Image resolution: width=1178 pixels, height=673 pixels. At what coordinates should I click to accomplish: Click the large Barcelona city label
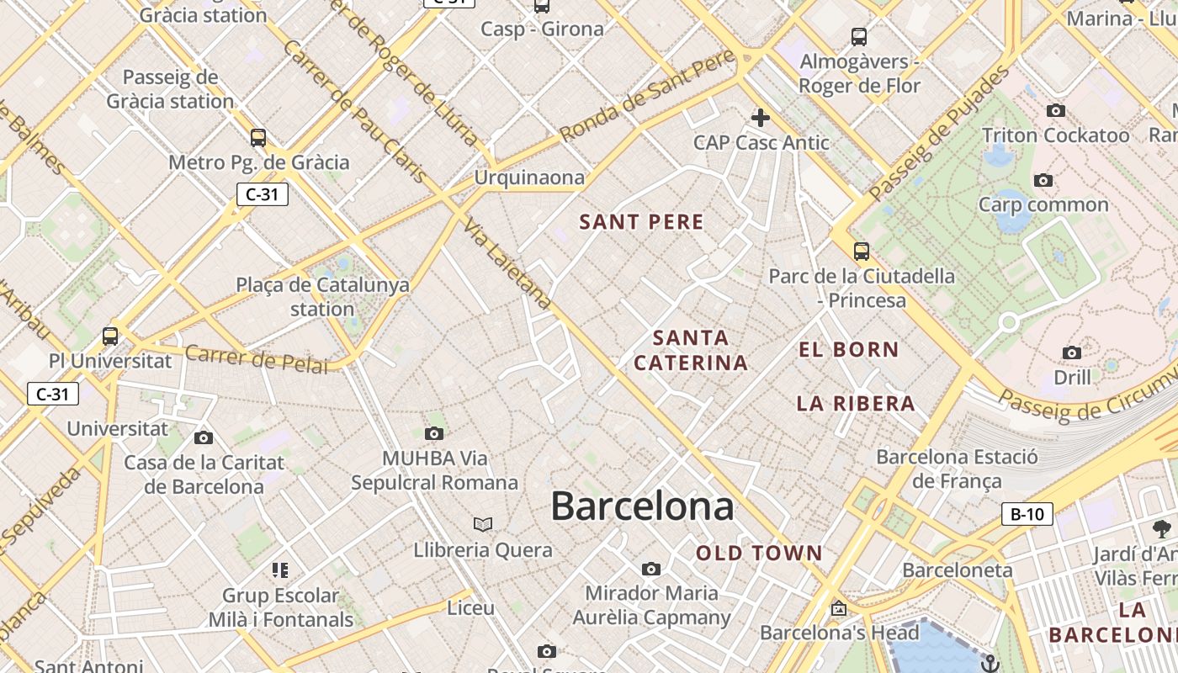click(x=642, y=506)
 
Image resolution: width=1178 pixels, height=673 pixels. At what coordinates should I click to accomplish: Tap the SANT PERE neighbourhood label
click(x=641, y=222)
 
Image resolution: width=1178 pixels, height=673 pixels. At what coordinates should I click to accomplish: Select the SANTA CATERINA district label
click(x=691, y=350)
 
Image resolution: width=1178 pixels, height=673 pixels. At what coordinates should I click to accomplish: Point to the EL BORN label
click(x=848, y=350)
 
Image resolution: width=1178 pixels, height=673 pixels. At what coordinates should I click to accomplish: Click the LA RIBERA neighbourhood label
click(x=856, y=404)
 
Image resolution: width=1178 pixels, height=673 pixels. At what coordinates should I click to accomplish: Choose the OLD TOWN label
click(x=758, y=554)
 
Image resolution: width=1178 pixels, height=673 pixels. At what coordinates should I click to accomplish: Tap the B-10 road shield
click(x=1027, y=514)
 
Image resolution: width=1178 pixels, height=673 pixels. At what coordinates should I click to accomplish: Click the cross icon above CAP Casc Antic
click(x=761, y=118)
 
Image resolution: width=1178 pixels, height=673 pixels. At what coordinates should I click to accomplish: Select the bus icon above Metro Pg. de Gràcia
click(x=258, y=138)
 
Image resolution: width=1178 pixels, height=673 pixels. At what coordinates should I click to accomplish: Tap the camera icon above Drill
click(x=1072, y=352)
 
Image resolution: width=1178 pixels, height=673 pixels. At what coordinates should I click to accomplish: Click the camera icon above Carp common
click(x=1043, y=180)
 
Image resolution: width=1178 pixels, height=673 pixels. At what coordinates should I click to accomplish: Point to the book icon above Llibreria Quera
click(x=482, y=525)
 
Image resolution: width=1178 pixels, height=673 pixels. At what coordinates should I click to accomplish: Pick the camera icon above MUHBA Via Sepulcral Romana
click(x=434, y=434)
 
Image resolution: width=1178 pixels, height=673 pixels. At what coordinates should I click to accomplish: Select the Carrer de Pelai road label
click(x=257, y=359)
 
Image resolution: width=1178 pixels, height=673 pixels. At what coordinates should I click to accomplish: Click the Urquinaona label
click(x=529, y=178)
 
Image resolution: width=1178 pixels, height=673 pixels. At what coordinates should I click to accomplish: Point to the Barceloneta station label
click(x=957, y=570)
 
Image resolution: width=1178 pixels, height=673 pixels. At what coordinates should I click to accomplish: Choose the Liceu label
click(x=470, y=607)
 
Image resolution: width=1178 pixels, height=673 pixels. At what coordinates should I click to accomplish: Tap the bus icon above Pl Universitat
click(x=110, y=336)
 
